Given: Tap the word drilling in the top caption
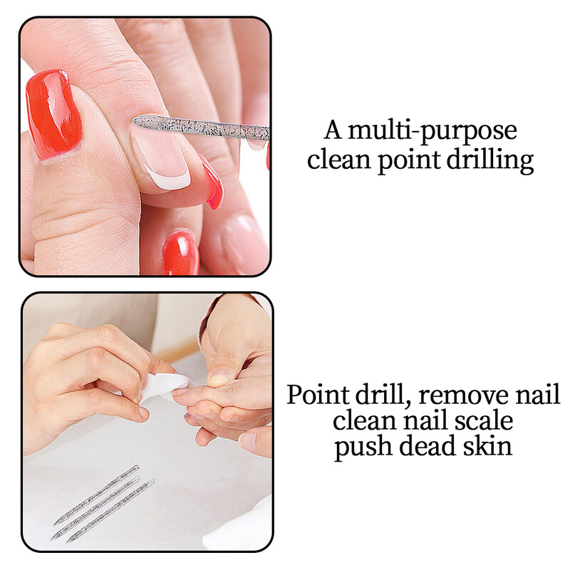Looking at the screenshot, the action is (x=490, y=161).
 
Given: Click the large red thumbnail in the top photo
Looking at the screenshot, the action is (x=54, y=115).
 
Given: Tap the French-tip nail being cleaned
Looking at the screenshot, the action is (x=162, y=159).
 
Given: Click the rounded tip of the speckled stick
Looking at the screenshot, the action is (x=136, y=120).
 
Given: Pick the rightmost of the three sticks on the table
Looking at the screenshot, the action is (x=110, y=511).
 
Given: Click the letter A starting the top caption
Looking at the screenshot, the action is (x=333, y=130).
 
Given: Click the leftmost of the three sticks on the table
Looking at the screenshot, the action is (x=97, y=494).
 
